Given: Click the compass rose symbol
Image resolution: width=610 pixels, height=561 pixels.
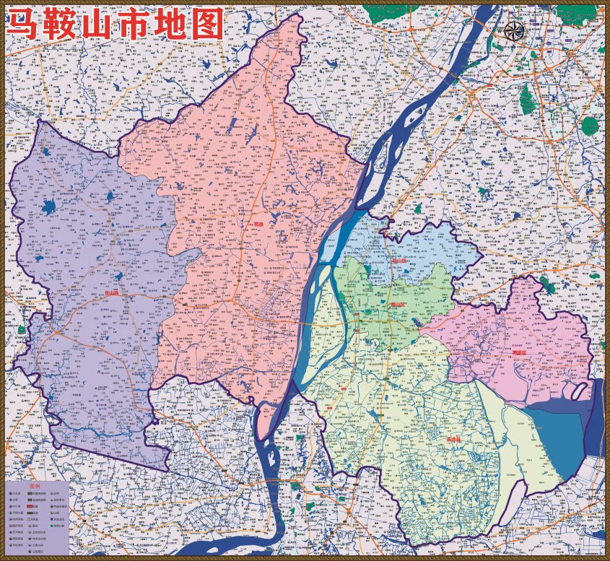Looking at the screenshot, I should click(x=514, y=30).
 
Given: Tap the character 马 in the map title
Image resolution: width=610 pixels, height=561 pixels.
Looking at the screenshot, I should click(x=26, y=27).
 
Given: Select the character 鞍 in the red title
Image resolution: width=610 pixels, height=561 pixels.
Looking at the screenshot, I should click(x=71, y=27).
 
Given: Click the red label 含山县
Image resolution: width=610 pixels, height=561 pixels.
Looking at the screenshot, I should click(x=111, y=294).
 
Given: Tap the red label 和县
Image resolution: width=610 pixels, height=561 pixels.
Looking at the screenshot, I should click(x=258, y=225).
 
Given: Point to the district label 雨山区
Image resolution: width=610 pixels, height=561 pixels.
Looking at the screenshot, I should click(x=398, y=305).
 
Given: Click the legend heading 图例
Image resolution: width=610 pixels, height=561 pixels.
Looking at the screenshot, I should click(x=34, y=487).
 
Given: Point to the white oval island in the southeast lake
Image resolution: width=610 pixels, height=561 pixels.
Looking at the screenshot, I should click(x=579, y=391).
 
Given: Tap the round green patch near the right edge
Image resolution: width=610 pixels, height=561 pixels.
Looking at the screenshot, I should click(x=592, y=127).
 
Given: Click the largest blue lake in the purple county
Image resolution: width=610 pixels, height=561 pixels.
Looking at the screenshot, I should click(x=48, y=208).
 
